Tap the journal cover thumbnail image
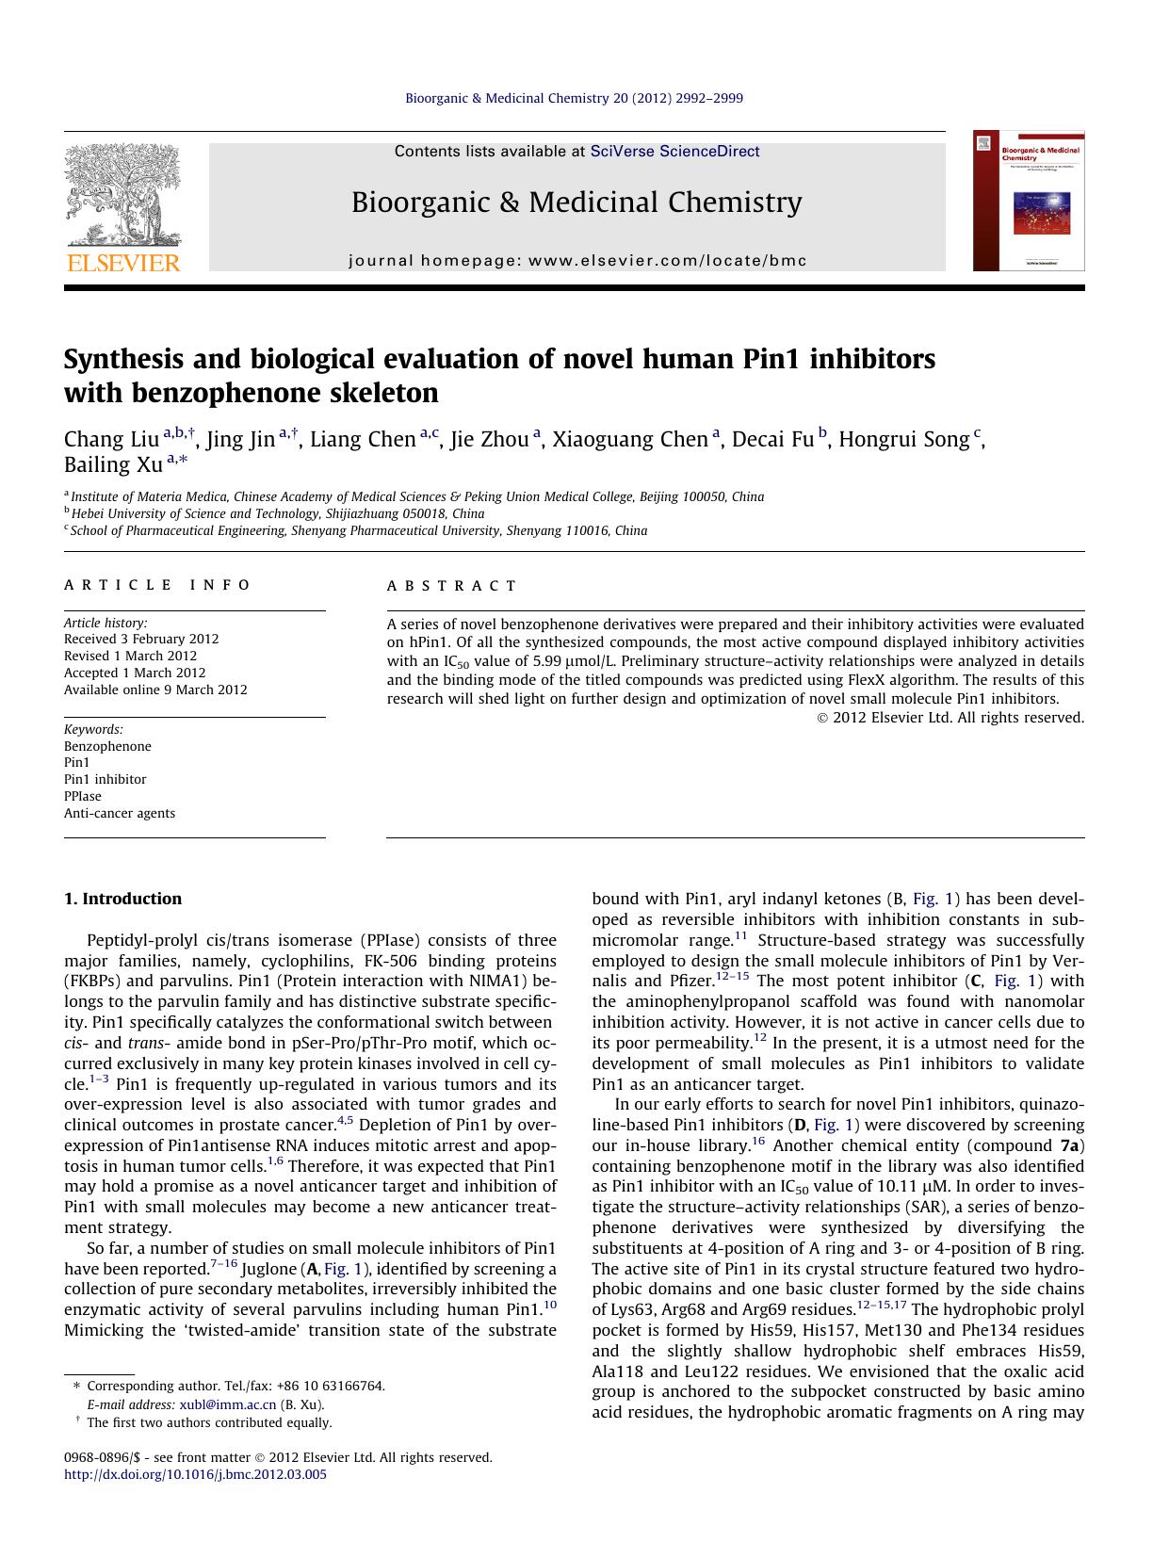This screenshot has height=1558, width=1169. point(1029,201)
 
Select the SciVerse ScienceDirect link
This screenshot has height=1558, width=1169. point(674,152)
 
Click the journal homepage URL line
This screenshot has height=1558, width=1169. point(577,261)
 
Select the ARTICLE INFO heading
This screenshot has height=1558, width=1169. point(157,585)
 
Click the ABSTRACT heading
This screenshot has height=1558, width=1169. point(451,586)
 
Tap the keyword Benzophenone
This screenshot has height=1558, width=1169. point(107,746)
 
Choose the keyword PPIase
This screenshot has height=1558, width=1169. point(83,796)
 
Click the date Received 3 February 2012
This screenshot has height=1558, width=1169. point(141,639)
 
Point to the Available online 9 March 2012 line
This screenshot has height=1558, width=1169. point(155,690)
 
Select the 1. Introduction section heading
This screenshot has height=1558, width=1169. point(122,899)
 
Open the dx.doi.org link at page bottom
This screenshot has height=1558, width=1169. point(195,1474)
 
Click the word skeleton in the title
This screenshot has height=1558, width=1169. point(384,393)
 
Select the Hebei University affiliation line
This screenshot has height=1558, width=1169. point(277,513)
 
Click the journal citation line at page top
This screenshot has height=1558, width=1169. point(574,98)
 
